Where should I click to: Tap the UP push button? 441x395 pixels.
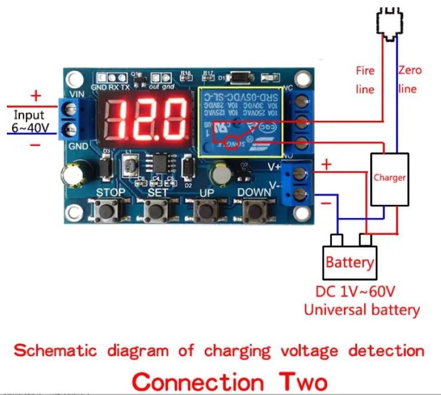204,211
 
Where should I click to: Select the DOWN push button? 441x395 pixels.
252,211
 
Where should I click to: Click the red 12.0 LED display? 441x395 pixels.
147,118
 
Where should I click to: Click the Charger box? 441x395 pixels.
390,179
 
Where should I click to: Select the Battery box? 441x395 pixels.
349,263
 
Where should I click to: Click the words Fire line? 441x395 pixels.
365,80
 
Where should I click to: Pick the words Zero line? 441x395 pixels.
410,80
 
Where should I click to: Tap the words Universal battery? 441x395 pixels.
361,310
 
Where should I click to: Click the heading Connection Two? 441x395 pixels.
231,381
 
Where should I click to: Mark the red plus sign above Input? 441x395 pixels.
36,95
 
